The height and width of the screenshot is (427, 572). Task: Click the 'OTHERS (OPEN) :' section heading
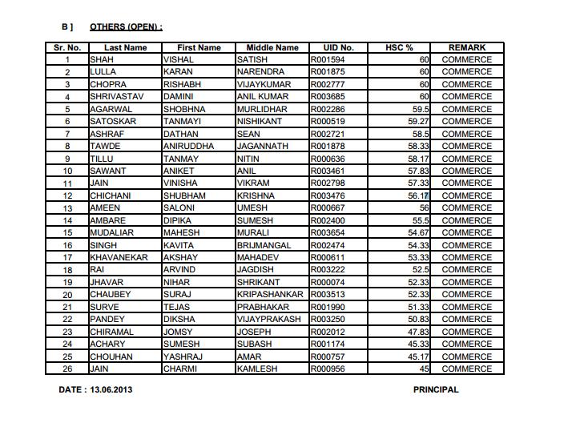126,27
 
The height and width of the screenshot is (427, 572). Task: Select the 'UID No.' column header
338,48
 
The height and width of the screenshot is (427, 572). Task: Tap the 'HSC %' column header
399,48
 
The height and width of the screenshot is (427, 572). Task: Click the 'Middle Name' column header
272,48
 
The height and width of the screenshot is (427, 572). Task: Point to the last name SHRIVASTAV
117,97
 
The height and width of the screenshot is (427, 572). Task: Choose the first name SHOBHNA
184,109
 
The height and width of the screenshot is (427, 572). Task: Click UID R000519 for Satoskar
328,122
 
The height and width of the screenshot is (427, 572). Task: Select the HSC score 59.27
418,122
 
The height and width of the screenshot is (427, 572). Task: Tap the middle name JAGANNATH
262,147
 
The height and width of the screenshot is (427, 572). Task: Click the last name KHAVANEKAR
119,258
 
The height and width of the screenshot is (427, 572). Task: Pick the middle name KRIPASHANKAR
271,295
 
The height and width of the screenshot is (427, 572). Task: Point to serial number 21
68,308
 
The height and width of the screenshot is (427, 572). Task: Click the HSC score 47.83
418,332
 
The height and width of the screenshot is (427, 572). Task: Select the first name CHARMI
179,369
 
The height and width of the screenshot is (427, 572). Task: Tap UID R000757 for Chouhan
328,357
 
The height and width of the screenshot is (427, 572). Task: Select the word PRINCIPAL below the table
436,390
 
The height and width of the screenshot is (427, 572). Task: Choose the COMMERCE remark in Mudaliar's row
467,233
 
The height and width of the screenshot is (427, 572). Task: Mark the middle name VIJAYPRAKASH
269,320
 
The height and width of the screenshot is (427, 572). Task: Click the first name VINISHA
181,183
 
